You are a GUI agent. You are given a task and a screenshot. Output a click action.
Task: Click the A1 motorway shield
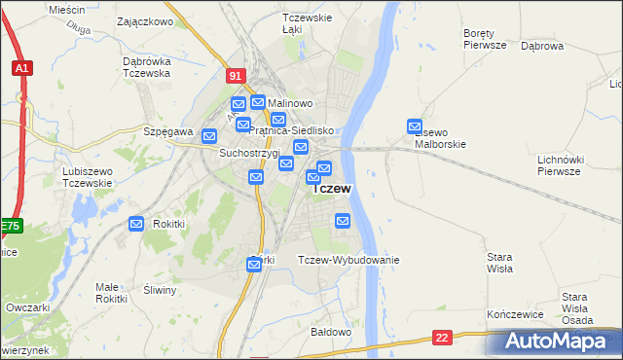21,68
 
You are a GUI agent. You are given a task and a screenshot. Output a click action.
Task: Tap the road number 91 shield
236,75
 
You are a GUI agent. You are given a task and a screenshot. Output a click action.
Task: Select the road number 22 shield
443,338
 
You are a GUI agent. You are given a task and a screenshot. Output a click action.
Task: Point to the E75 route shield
10,227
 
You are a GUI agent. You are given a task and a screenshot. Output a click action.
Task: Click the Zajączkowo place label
144,20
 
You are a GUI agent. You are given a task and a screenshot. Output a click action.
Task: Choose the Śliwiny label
158,290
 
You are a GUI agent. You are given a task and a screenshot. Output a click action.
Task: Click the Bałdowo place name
330,332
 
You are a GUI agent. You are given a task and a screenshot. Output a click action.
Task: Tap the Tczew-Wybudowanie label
348,260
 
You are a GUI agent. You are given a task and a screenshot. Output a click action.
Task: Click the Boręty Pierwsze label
485,39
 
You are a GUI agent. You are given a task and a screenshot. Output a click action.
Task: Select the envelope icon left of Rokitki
136,224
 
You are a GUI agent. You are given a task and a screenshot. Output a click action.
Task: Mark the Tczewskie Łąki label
308,24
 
